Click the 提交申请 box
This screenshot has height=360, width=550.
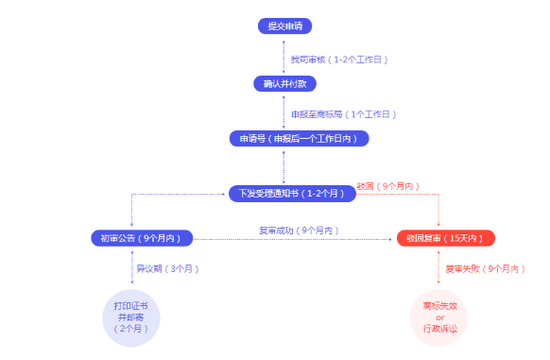pos(284,26)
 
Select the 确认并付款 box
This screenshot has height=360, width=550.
pos(284,84)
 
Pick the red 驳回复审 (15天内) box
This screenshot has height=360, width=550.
pos(445,237)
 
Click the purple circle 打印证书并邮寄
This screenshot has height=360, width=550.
pos(131,317)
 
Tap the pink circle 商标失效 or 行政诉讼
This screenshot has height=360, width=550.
pos(439,317)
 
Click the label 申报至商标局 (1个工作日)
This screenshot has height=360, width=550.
pos(341,113)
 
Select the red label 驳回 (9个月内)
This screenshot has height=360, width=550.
pos(388,186)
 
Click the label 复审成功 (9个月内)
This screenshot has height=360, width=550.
pos(298,231)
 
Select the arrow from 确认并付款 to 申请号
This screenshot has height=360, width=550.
pos(284,111)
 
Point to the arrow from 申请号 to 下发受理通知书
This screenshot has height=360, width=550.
pos(284,165)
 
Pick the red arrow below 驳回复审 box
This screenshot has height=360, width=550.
pos(439,268)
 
